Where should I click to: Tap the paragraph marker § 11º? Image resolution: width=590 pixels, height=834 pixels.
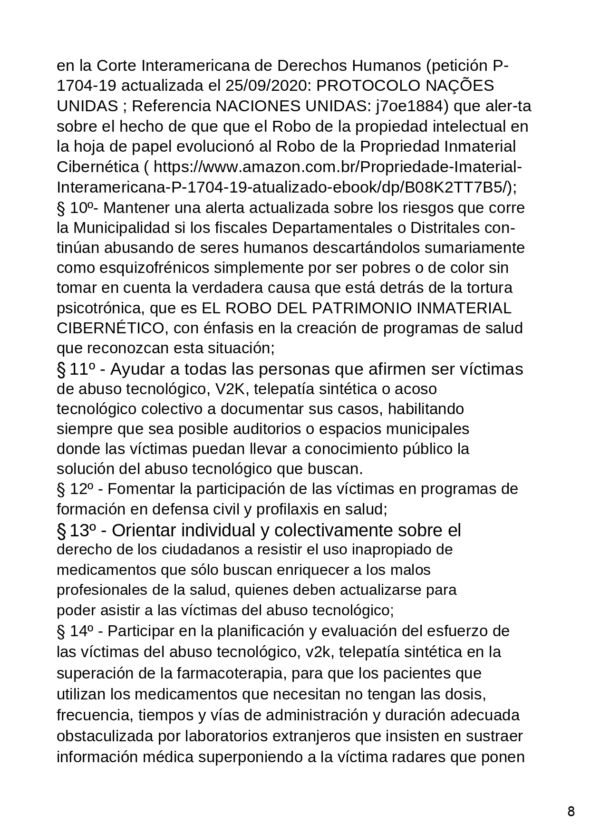[x=76, y=369]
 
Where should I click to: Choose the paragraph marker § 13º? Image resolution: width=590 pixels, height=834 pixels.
[x=77, y=530]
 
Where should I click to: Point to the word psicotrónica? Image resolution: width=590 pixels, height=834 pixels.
[x=100, y=309]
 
